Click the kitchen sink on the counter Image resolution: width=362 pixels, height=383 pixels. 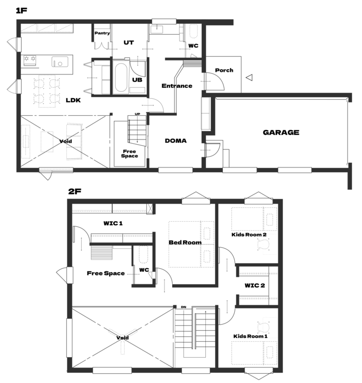click(60, 63)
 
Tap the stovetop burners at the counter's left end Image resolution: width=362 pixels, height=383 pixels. click(29, 63)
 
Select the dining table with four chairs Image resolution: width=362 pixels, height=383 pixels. click(47, 90)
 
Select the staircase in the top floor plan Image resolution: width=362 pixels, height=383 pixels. click(138, 130)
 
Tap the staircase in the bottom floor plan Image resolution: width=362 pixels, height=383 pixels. click(194, 331)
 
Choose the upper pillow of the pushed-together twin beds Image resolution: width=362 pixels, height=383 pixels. click(207, 233)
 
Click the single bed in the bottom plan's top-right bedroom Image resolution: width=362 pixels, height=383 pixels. click(253, 219)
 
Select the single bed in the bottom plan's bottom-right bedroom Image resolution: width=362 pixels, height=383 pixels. click(253, 352)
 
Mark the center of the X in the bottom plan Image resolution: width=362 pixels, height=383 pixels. click(122, 336)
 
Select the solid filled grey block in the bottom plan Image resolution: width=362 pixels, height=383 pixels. click(101, 253)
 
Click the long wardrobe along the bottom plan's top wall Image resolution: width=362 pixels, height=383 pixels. click(111, 210)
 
